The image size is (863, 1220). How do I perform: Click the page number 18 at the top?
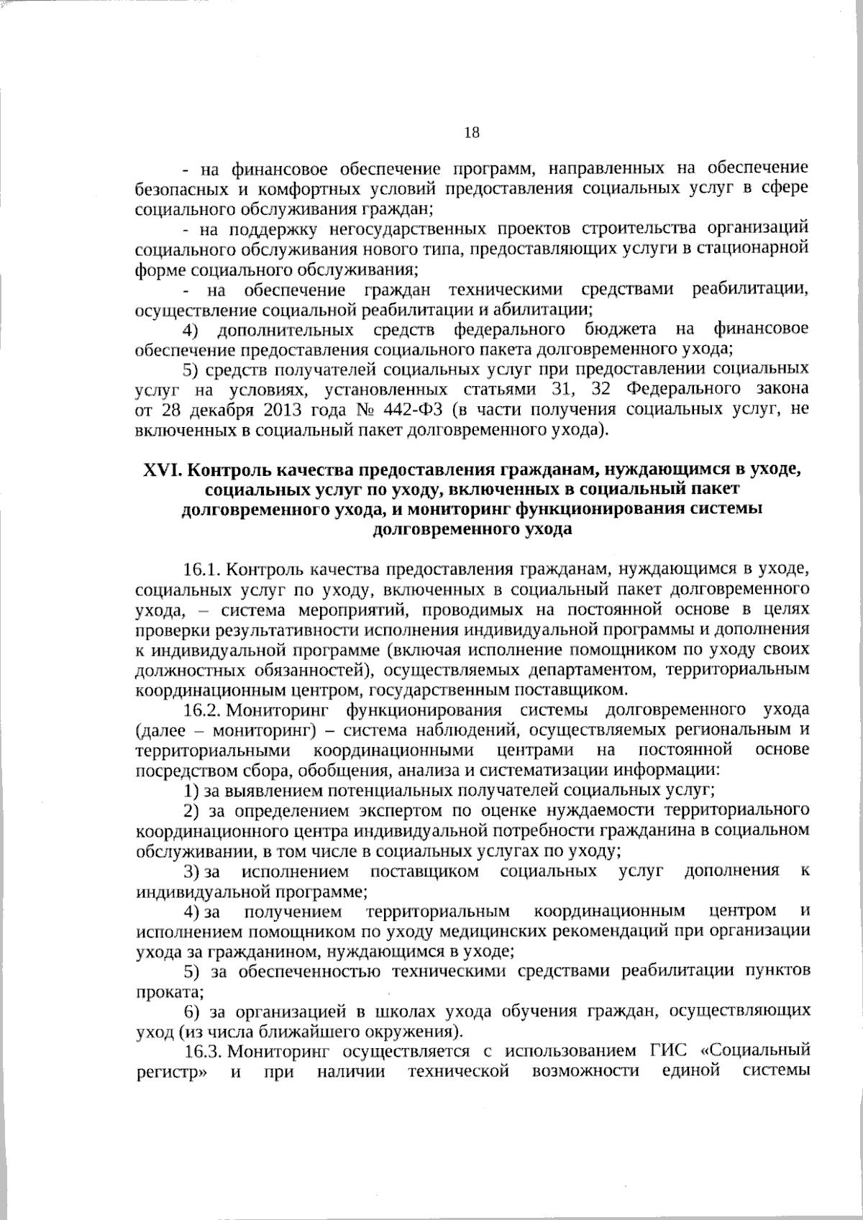click(x=472, y=132)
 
